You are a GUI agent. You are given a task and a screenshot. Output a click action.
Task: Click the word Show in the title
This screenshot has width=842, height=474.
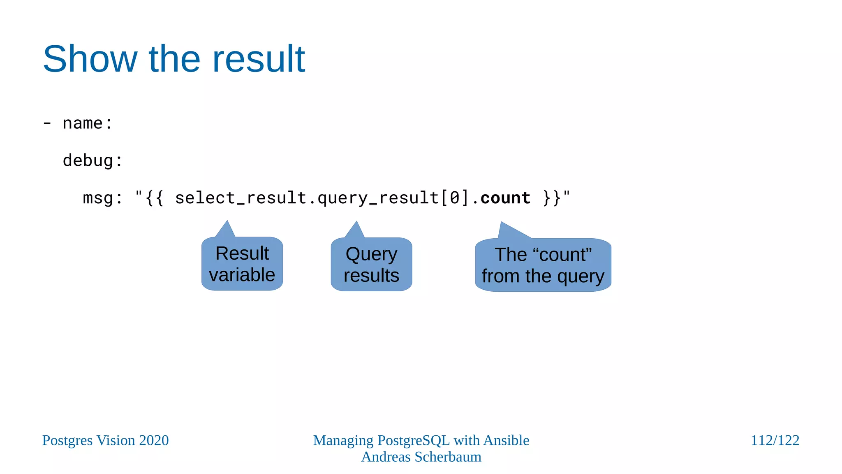[90, 59]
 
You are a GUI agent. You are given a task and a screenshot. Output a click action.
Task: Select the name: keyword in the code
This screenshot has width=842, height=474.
[88, 123]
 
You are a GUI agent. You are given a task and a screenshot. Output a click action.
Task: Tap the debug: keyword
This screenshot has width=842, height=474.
[93, 161]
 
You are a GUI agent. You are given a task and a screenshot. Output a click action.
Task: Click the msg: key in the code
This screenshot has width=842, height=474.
[102, 198]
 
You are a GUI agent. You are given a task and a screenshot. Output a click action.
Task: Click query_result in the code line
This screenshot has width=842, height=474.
[378, 198]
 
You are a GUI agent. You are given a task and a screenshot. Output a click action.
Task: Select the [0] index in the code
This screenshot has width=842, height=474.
[455, 198]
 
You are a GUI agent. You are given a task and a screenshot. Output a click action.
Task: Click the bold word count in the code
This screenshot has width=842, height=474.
[505, 198]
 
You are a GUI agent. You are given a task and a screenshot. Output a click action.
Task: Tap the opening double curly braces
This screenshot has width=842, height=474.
[155, 198]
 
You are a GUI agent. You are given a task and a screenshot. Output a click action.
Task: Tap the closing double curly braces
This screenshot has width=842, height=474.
[552, 198]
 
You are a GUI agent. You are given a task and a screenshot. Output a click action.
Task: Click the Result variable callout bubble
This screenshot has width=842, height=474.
[242, 264]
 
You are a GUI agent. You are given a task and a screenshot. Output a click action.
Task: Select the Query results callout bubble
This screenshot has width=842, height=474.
[371, 265]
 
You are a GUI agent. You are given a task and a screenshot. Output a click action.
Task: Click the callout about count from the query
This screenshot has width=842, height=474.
[543, 265]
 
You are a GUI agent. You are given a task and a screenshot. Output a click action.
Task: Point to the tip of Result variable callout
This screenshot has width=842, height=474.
[227, 222]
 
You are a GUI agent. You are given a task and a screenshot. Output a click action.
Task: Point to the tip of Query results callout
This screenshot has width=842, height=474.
[356, 223]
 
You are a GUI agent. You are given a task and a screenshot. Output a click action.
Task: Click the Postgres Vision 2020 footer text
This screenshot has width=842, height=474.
[106, 440]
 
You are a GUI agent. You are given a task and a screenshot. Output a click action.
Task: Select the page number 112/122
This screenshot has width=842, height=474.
[775, 440]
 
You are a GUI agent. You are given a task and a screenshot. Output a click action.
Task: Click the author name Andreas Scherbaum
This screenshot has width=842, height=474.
[421, 457]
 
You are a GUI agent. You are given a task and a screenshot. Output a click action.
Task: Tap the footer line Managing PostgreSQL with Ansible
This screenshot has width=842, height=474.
[421, 440]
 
